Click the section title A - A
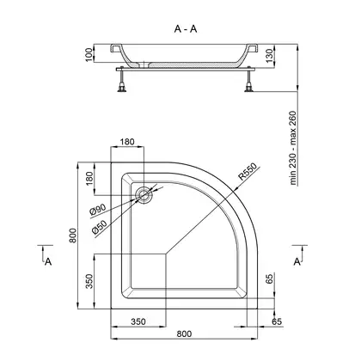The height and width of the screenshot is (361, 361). [186, 28]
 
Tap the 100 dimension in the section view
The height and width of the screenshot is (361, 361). [89, 54]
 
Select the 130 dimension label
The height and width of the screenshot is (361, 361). [269, 56]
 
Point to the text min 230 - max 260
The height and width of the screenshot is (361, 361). [292, 148]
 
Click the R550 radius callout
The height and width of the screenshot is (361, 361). [248, 172]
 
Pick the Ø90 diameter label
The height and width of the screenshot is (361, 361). [98, 210]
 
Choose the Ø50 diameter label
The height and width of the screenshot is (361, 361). [99, 227]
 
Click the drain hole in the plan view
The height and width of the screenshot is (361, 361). [144, 195]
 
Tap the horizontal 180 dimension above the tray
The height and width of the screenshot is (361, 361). [127, 142]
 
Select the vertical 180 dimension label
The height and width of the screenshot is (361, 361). [89, 178]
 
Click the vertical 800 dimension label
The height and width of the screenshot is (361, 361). [73, 236]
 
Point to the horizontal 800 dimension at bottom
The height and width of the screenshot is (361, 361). [184, 333]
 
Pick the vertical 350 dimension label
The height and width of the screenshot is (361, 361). [89, 281]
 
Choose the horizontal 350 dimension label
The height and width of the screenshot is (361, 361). [138, 321]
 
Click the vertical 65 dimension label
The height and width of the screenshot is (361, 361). [269, 278]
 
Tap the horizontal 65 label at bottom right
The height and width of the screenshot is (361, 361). [277, 321]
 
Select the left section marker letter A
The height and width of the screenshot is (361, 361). [48, 261]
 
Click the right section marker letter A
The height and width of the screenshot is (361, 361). [297, 261]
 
